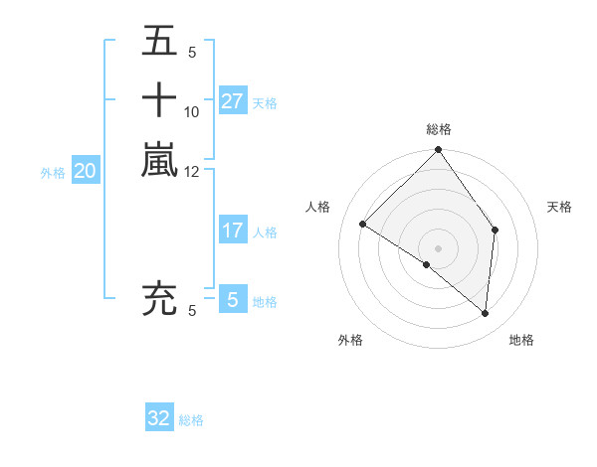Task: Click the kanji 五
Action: pyautogui.click(x=159, y=42)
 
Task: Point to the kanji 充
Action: pyautogui.click(x=159, y=299)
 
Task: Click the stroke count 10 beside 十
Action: pyautogui.click(x=192, y=112)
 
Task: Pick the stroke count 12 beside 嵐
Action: pyautogui.click(x=192, y=171)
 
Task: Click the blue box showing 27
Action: pyautogui.click(x=232, y=100)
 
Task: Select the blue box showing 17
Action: pyautogui.click(x=232, y=231)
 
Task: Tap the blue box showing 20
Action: pyautogui.click(x=86, y=171)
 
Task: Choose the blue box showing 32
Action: pyautogui.click(x=159, y=418)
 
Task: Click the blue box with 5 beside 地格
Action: pyautogui.click(x=232, y=300)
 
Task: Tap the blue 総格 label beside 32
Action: pyautogui.click(x=191, y=420)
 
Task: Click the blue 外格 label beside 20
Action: pyautogui.click(x=53, y=172)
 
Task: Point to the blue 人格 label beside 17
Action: pyautogui.click(x=265, y=233)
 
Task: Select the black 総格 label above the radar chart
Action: pyautogui.click(x=439, y=129)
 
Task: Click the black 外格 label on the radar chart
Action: pyautogui.click(x=350, y=340)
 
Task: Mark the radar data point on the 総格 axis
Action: pyautogui.click(x=439, y=151)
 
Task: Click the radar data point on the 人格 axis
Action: pyautogui.click(x=363, y=225)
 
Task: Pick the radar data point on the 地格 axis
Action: pyautogui.click(x=485, y=313)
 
